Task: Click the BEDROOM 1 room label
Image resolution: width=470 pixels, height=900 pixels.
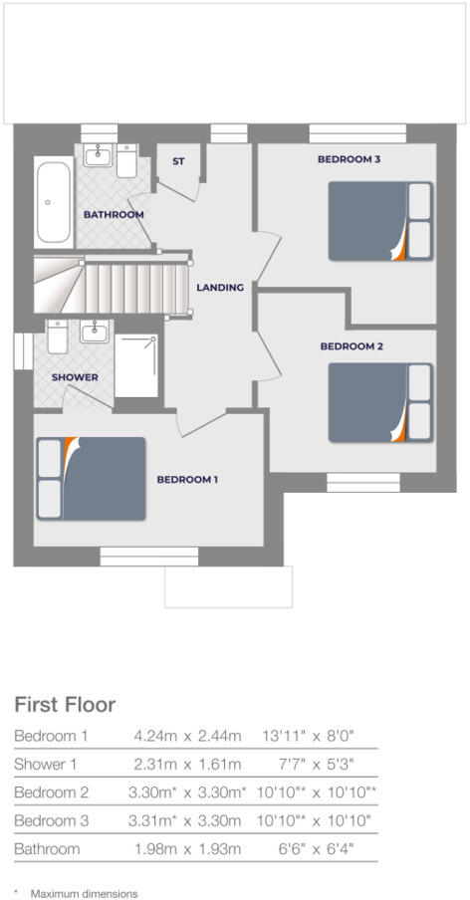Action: [187, 479]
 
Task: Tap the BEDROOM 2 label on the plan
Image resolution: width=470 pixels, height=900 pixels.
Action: [352, 346]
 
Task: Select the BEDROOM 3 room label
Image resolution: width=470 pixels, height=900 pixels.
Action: [349, 159]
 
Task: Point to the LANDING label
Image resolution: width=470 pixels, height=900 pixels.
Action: [220, 288]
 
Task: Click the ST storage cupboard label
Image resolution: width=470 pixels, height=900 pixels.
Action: [178, 160]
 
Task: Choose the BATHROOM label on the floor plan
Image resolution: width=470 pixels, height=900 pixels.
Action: [114, 215]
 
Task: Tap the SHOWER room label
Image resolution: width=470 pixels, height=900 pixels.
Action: [75, 378]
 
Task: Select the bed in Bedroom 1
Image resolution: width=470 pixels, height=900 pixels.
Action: [91, 478]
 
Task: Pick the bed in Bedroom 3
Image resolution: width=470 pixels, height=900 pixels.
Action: [380, 222]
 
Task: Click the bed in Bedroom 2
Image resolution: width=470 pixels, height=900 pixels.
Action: [380, 402]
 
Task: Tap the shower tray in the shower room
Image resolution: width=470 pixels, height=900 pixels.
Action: [137, 365]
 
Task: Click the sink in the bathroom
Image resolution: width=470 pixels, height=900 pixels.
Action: [98, 156]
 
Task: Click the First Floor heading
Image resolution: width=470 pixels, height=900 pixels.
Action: [65, 705]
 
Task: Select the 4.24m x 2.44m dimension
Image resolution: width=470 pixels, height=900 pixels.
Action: [187, 736]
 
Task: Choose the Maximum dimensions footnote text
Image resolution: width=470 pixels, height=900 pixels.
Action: [84, 893]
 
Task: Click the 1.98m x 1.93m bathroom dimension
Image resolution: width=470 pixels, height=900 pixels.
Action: [187, 849]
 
